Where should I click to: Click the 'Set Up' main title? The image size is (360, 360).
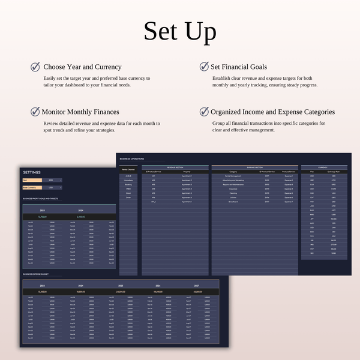[x=180, y=31]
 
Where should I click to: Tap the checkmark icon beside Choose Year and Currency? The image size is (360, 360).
[x=35, y=67]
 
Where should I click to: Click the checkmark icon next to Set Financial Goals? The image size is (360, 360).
[x=204, y=67]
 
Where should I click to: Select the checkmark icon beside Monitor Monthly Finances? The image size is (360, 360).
[x=35, y=112]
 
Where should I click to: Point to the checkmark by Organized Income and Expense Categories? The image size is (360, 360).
[x=204, y=112]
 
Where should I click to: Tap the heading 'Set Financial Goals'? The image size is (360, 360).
[x=239, y=67]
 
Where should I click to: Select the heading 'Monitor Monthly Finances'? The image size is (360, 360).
[x=80, y=112]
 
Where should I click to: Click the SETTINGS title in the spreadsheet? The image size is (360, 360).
[x=31, y=172]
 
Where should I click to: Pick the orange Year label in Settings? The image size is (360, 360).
[x=32, y=179]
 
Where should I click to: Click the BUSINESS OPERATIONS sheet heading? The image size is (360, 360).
[x=133, y=159]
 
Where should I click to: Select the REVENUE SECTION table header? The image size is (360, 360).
[x=175, y=167]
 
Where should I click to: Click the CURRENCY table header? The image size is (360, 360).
[x=323, y=167]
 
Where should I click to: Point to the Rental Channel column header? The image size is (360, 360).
[x=128, y=170]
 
